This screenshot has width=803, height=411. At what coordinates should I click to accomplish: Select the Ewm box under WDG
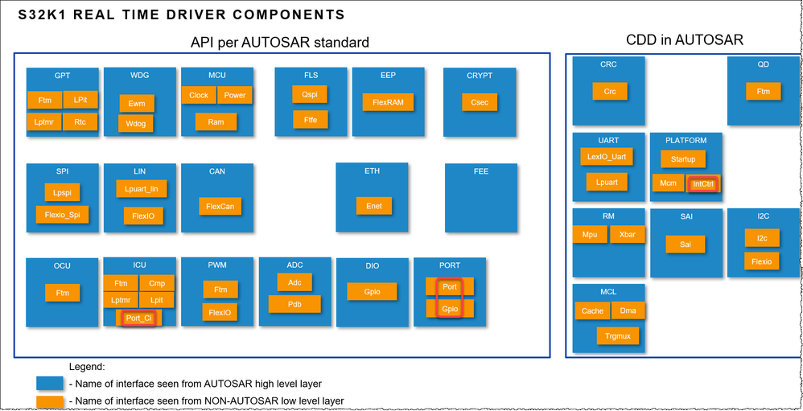coord(136,103)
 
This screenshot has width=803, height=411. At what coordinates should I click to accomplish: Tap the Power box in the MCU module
coord(234,95)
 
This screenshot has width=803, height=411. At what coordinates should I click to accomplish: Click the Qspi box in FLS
coord(310,94)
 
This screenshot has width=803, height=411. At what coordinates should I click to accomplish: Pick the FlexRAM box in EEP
coord(387,103)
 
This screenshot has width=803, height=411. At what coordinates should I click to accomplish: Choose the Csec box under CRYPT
coord(479,102)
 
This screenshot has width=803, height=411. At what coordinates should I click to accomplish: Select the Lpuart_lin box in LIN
coord(142,189)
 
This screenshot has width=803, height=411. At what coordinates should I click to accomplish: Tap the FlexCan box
coord(220,207)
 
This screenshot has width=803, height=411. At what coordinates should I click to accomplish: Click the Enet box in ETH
coord(374,206)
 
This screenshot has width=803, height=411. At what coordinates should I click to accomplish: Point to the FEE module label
coord(481,171)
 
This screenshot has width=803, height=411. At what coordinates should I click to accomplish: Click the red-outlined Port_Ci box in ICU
coord(138,318)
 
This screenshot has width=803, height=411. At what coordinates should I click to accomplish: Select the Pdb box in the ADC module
coord(294,304)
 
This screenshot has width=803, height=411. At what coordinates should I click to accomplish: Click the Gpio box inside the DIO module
coord(372,292)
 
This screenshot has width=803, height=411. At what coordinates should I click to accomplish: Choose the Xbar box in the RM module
coord(627,235)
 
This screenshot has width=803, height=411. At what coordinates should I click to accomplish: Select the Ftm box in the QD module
coord(763,92)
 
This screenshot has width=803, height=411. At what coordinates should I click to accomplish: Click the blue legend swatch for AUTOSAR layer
coord(50,383)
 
